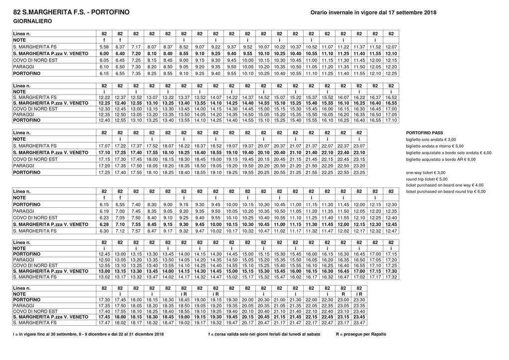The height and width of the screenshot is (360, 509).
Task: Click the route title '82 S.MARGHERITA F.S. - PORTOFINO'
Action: pos(65,12)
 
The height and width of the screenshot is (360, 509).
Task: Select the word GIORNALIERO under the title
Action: pos(32,21)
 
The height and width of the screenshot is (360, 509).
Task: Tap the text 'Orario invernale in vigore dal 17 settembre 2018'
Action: pos(373,12)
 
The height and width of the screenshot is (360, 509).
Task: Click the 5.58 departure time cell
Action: pos(104,47)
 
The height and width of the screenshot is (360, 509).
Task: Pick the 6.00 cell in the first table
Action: pos(104,53)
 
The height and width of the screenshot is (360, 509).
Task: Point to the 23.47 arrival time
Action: pos(359,323)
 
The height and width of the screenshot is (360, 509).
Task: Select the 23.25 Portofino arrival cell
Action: pos(359,172)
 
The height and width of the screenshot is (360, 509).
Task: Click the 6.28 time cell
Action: pos(104,224)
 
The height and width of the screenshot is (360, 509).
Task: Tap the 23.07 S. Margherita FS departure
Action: pos(359,146)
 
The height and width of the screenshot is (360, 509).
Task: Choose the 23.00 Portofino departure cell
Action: pos(343,300)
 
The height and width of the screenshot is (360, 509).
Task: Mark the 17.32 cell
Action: pos(391,276)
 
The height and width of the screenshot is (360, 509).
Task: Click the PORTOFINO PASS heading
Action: pos(424,133)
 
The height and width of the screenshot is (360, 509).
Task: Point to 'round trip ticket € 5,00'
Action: pos(426,179)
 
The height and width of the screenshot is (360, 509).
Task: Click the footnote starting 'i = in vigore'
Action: pos(88,334)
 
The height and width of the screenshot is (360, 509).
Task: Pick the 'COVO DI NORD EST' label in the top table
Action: pos(35,60)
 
